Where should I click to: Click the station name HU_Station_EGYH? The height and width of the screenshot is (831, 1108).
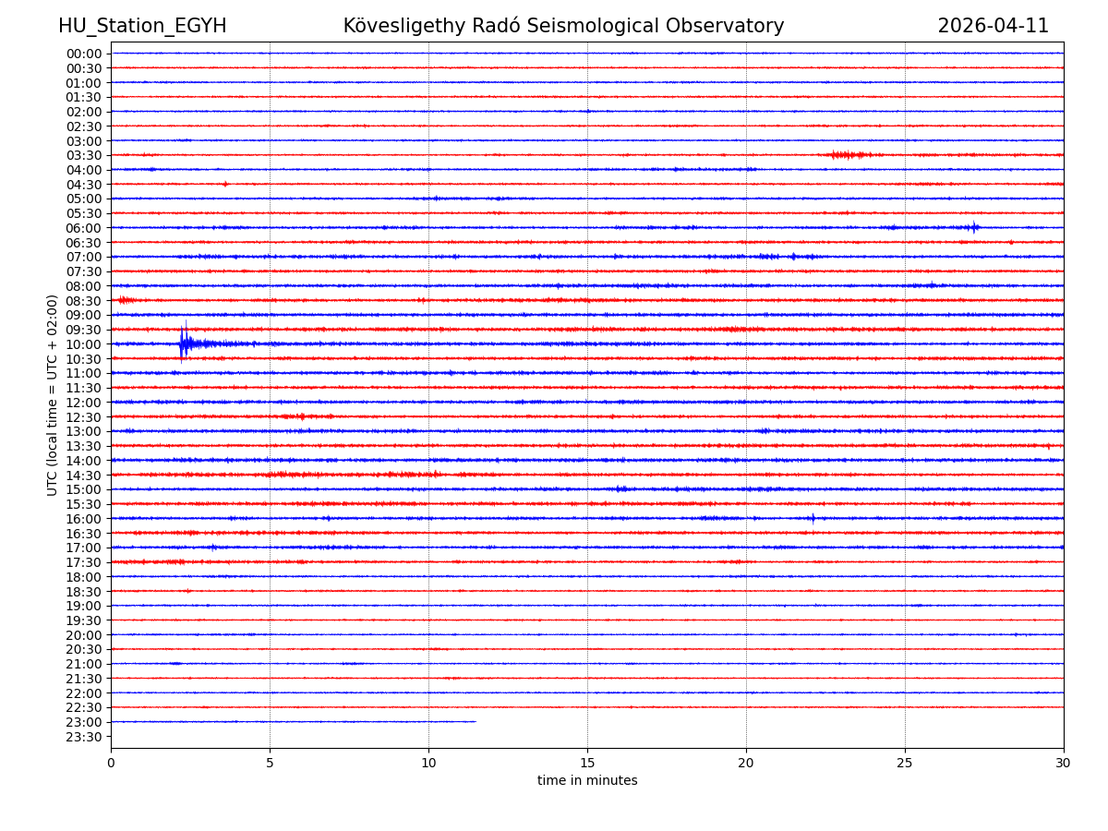(x=142, y=27)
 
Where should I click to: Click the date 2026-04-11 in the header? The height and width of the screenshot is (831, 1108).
(x=993, y=27)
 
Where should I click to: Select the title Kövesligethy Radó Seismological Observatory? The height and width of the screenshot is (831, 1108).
(x=563, y=27)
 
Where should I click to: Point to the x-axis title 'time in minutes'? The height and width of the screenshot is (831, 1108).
(x=587, y=781)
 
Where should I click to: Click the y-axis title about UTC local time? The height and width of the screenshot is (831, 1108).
(x=53, y=395)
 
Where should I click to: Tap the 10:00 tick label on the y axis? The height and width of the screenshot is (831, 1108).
(x=84, y=344)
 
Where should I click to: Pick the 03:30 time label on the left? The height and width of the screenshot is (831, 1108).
(x=84, y=155)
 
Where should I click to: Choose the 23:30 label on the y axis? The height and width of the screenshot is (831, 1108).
(x=84, y=737)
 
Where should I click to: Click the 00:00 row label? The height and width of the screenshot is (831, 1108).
(x=84, y=54)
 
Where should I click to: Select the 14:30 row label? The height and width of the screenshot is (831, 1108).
(x=84, y=476)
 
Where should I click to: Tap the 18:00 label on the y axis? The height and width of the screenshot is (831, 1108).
(x=84, y=577)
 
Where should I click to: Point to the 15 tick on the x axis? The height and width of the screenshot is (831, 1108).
(x=587, y=764)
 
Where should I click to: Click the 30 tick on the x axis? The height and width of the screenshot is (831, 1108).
(x=1064, y=764)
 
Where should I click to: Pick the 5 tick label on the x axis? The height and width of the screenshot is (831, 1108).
(x=270, y=764)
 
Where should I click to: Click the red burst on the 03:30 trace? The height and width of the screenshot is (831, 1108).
(x=848, y=155)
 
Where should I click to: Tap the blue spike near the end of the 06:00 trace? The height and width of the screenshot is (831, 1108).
(x=974, y=227)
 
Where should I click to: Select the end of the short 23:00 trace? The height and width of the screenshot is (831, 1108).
(x=476, y=722)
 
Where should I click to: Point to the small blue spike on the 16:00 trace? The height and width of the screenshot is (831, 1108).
(x=813, y=518)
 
